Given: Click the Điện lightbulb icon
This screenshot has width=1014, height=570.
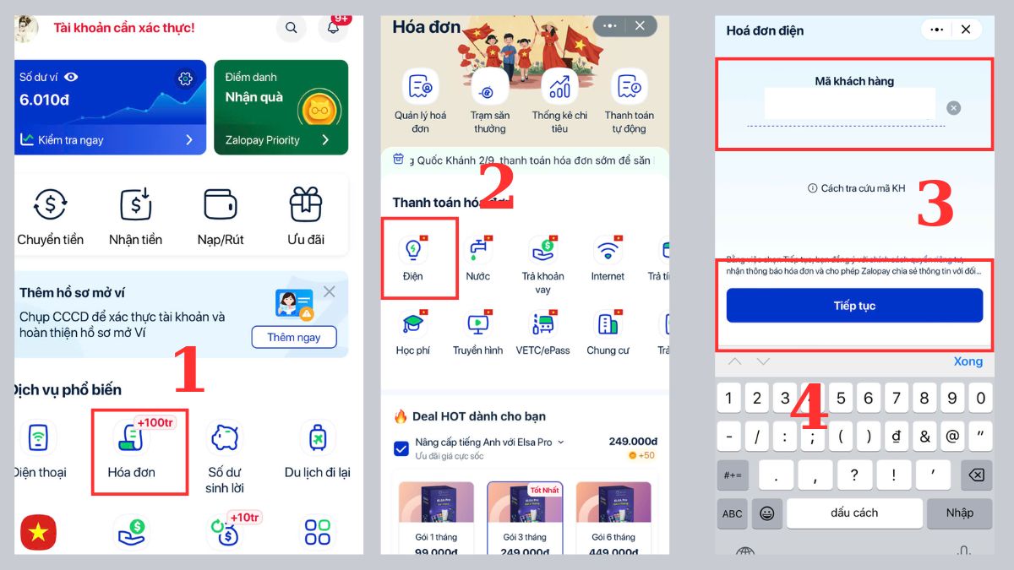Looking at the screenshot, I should [x=413, y=250].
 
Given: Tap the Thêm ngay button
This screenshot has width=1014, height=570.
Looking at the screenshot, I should [x=293, y=337].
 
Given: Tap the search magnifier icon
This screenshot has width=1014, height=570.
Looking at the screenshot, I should [x=292, y=28].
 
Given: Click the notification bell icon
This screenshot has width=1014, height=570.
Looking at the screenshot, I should [x=333, y=28].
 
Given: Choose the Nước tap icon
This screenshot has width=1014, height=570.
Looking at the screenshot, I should [x=478, y=250].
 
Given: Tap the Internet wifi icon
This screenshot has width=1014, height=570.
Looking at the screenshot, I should [x=608, y=250].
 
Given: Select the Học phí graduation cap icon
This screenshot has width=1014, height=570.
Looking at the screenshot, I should [x=413, y=324].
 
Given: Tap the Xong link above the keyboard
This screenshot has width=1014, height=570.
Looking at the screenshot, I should [x=968, y=361].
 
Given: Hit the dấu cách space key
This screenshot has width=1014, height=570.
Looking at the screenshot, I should [x=854, y=513].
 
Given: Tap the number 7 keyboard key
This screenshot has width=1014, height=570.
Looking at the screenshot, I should [x=897, y=398].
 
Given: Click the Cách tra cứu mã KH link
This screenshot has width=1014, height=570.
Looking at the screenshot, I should [x=857, y=188].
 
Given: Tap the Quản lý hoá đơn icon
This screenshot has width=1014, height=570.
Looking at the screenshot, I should [x=420, y=87].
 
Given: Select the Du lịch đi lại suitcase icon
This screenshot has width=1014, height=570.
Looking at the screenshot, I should [x=318, y=438].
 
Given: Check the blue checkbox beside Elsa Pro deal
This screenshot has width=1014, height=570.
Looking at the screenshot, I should [x=401, y=448].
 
